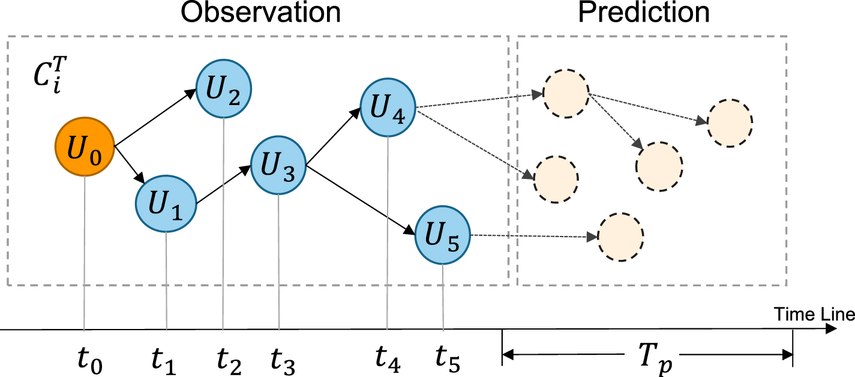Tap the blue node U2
pos(223,90)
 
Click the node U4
pos(388,108)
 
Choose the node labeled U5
pos(443,237)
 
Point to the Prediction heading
pos(643,13)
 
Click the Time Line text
pos(813,315)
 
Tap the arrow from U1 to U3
pos(222,185)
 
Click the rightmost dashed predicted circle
pos(730,123)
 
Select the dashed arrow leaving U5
pos(534,237)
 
